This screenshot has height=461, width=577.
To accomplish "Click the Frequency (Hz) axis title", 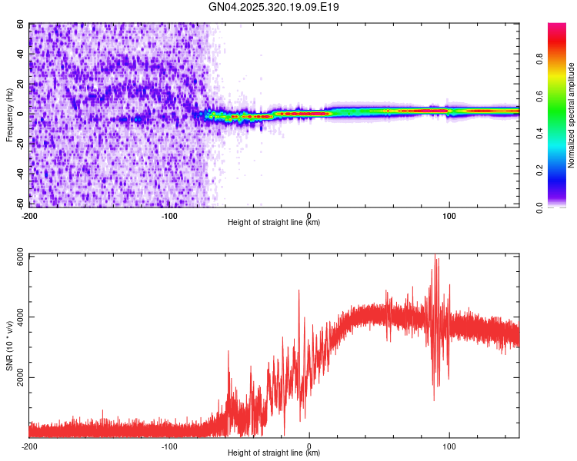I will [x=9, y=115].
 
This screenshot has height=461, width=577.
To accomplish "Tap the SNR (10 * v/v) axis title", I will [x=9, y=347].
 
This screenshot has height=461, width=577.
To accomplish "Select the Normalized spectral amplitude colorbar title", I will [x=571, y=115].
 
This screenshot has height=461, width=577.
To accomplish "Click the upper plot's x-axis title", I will [x=274, y=222].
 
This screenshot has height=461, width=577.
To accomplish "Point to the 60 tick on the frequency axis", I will [x=22, y=25].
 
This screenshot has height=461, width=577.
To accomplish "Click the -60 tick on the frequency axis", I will [x=20, y=204].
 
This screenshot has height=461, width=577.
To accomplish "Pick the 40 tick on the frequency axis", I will [x=22, y=55].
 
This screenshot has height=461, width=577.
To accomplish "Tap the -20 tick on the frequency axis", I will [x=20, y=144].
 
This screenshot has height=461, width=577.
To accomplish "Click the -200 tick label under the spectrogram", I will [x=30, y=214].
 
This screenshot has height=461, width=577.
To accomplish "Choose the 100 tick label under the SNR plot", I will [x=449, y=446].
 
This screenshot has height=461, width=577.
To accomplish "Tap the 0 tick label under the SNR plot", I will [x=309, y=446].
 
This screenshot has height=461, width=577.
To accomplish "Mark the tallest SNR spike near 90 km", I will [x=435, y=258].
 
